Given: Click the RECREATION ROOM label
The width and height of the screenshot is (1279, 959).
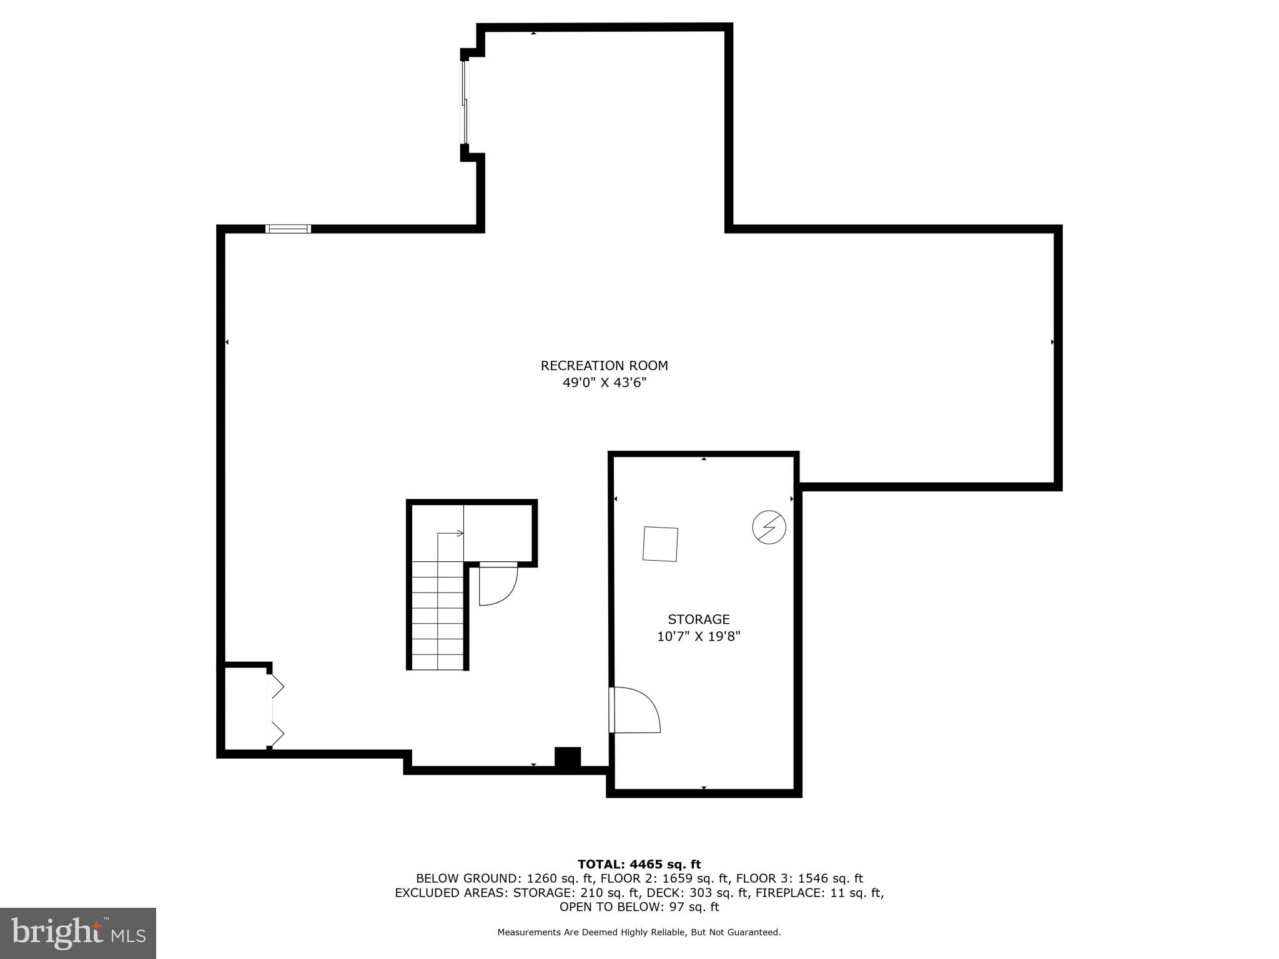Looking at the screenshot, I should coord(604,366).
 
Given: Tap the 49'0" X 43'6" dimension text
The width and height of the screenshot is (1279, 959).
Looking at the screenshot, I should coord(604,383).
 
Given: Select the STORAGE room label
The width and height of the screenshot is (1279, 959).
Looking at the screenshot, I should coord(698,619).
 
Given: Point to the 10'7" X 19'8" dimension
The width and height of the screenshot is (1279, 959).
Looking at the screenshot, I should coord(698,637).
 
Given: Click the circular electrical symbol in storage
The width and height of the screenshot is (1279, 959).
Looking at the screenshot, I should coord(769,527).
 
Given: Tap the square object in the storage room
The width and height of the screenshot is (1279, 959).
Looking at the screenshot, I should coord(660,544).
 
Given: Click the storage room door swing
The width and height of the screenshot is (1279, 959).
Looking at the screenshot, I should coord(636,710).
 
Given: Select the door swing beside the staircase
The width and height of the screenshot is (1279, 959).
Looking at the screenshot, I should coord(497,584).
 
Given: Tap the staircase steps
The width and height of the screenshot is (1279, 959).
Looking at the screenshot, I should coord(438,615).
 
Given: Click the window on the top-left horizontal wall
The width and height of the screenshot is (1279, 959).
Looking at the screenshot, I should coord(288,229).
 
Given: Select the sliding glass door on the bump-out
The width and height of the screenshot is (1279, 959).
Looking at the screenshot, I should coord(465,103).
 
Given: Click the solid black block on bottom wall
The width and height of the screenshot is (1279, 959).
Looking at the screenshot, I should coord(568,757).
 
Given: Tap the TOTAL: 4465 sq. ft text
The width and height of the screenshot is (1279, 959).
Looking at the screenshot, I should coord(639,864).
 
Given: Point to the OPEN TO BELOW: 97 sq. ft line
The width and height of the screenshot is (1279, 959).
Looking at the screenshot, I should coord(639,907).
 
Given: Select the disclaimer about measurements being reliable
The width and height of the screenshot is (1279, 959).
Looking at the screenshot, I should coord(639,932).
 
